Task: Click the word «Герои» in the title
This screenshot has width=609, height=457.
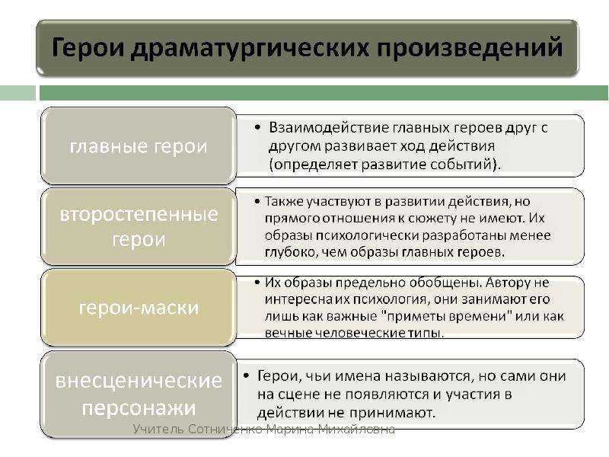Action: tap(88, 47)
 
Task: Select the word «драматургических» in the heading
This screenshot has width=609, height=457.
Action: tap(250, 50)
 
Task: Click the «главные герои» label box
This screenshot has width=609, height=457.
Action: tap(139, 145)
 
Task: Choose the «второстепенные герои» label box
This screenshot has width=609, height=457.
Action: tap(139, 226)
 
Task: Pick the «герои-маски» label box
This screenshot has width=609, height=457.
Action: tap(139, 308)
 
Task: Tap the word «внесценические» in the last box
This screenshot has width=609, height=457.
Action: tap(139, 380)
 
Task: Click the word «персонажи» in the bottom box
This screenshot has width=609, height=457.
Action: tap(139, 408)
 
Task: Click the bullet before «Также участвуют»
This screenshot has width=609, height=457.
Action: tap(257, 201)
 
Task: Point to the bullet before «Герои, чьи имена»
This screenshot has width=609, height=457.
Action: tap(246, 376)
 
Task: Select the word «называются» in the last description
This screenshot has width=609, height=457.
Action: tap(426, 376)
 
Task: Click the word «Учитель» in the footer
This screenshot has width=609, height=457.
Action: tap(158, 429)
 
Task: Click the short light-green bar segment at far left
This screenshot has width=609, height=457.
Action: tap(18, 93)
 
